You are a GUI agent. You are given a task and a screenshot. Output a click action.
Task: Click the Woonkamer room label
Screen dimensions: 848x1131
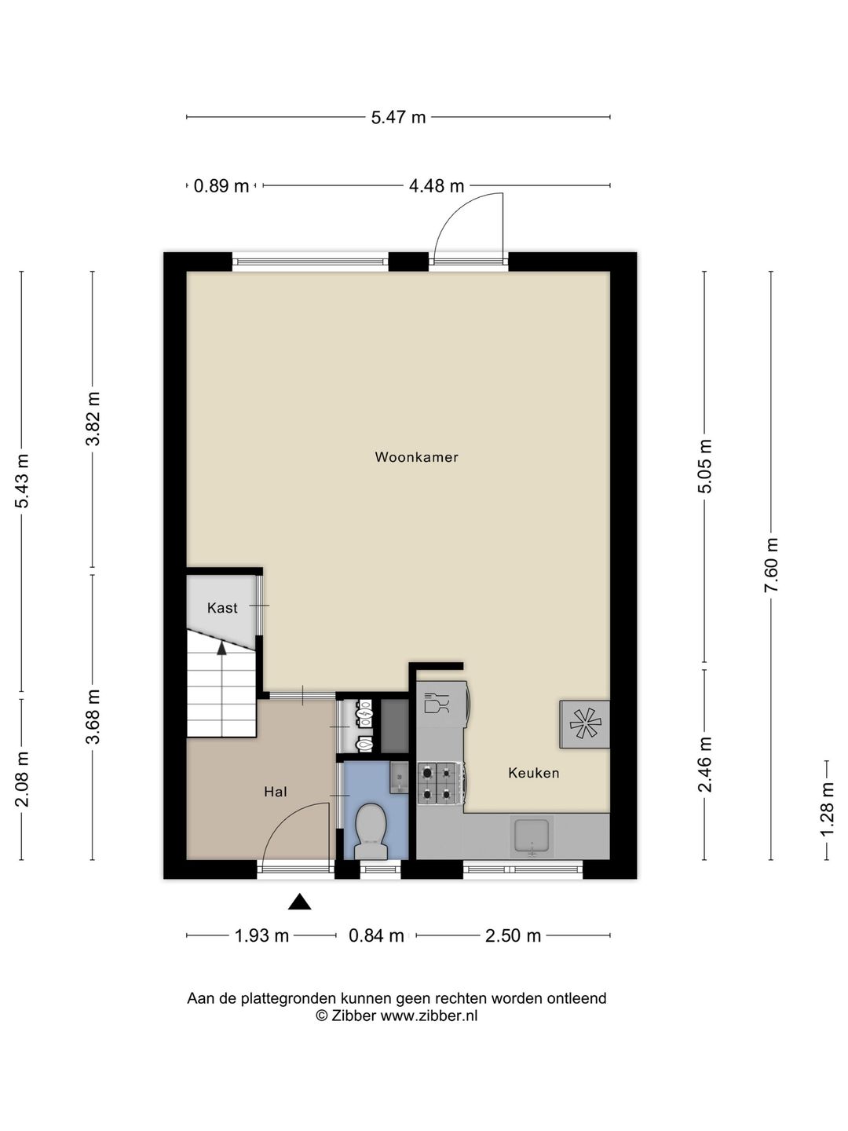point(416,456)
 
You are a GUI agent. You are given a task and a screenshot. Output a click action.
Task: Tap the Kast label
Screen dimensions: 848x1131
point(222,608)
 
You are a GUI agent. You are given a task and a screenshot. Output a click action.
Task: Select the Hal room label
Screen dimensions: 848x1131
point(276,792)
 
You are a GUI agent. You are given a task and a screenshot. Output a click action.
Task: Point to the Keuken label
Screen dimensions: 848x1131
point(533,773)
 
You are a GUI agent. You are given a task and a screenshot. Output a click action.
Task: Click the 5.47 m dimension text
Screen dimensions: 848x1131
point(399,118)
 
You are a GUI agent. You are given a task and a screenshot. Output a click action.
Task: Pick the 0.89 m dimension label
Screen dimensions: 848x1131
point(221,186)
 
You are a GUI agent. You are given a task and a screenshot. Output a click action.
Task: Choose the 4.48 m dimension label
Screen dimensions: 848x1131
point(437,186)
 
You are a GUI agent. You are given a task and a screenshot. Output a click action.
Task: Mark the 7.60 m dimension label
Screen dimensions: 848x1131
point(771,565)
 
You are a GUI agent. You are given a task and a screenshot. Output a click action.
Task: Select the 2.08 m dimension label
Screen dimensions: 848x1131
point(22,778)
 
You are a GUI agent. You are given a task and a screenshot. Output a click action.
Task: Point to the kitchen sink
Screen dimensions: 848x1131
point(532,836)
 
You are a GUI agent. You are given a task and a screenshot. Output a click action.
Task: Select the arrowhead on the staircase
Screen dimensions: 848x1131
point(222,648)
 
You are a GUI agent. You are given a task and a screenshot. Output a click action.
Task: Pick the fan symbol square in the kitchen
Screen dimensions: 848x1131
point(584,723)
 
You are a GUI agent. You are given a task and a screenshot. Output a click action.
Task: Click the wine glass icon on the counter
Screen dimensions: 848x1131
point(436,703)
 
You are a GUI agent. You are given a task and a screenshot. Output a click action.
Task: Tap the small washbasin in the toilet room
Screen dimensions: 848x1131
point(399,777)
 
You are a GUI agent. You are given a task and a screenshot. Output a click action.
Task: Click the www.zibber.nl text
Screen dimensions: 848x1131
point(429,1016)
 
